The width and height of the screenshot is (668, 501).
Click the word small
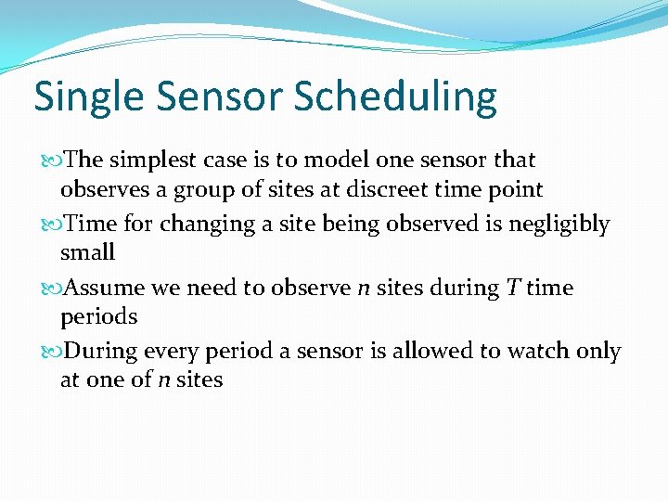coord(87,252)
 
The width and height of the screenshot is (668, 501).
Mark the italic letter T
coord(513,288)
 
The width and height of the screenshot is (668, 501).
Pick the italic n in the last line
coord(162,379)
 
